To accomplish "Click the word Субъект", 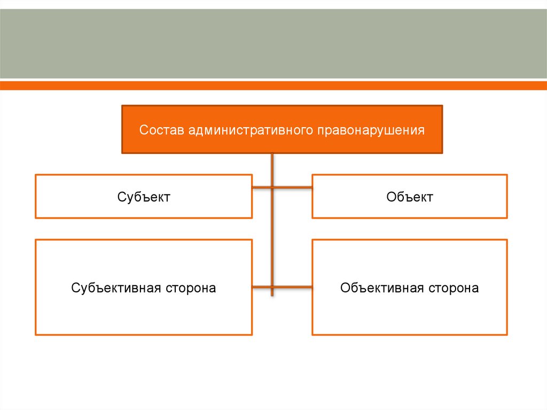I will [x=144, y=197].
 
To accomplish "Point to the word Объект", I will [x=410, y=197].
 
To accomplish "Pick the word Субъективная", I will [x=116, y=288].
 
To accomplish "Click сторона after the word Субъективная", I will [x=191, y=288].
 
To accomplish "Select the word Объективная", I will [x=382, y=288].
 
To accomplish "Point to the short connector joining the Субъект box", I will [x=261, y=188].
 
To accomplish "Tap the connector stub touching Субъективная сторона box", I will [x=261, y=287].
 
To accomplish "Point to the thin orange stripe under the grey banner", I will [x=273, y=86].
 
